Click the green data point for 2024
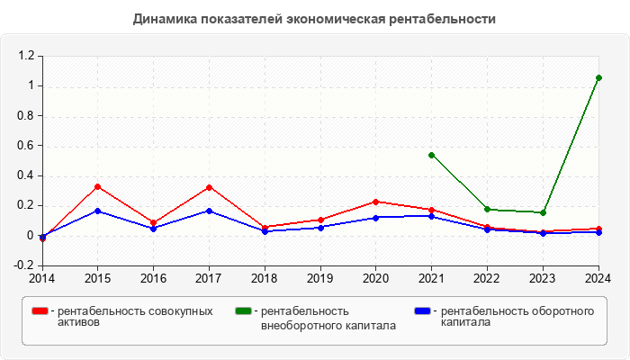click(598, 77)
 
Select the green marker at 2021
click(432, 155)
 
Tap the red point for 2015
click(97, 187)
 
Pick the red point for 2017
click(209, 187)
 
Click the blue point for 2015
click(97, 211)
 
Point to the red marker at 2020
click(376, 202)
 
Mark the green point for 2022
click(487, 209)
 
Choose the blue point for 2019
click(320, 228)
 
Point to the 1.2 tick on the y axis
click(25, 56)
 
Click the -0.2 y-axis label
click(24, 265)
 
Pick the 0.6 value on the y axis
click(25, 146)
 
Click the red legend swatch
click(40, 310)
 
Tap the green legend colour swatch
click(243, 310)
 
